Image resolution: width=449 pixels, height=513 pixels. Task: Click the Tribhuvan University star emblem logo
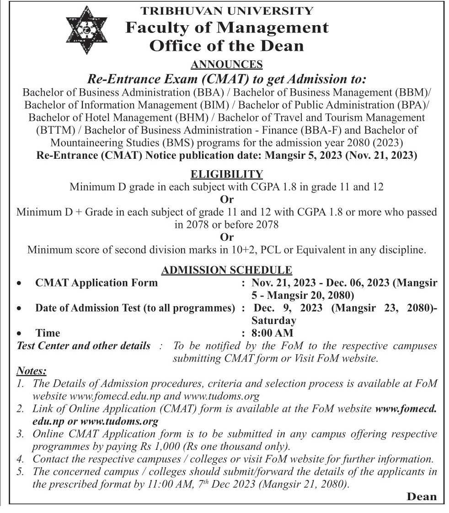tap(86, 29)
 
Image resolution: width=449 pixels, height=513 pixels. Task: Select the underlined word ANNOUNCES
tap(227, 64)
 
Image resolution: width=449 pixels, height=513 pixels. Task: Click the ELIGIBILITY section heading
tap(227, 174)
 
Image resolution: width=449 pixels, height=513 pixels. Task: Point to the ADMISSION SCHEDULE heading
tap(227, 270)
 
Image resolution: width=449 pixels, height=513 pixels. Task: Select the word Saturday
tap(274, 321)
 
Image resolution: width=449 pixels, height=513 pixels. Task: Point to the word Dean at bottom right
tap(421, 497)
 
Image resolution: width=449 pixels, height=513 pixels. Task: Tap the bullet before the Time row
tap(19, 334)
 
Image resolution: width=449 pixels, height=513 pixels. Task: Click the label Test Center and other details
tap(83, 346)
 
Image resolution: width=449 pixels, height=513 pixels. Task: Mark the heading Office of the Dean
tap(227, 46)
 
